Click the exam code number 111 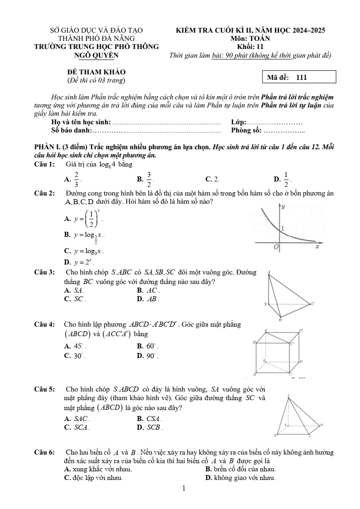pos(302,78)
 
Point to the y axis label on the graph pos(283,207)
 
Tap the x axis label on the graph pos(317,247)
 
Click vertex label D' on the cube pos(301,330)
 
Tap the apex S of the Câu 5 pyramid pos(288,396)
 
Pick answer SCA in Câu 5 pos(82,427)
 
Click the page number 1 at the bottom pos(184,489)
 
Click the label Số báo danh pos(72,131)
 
